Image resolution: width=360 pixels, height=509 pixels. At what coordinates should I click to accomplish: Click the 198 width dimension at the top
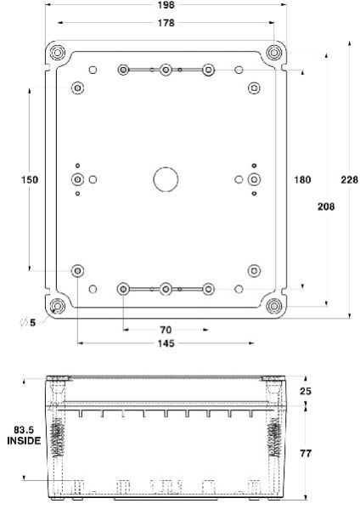166,6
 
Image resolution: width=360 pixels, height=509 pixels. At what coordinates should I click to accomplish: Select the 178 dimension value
166,23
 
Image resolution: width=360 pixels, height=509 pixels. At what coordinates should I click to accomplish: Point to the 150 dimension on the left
30,179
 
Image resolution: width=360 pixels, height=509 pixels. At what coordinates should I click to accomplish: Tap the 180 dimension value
302,179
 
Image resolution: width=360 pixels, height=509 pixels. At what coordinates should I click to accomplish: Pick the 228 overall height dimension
349,179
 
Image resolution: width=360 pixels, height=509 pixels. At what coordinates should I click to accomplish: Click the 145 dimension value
166,343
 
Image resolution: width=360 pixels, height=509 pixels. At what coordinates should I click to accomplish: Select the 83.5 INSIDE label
24,436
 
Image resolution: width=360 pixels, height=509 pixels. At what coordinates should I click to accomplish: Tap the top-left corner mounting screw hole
57,53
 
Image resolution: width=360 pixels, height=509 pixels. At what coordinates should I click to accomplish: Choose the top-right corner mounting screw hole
273,53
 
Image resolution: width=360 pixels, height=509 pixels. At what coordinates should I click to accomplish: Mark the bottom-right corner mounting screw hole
273,305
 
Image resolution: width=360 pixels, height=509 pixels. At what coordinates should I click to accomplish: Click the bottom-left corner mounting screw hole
57,305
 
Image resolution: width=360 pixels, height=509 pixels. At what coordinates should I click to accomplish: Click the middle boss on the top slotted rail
166,69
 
